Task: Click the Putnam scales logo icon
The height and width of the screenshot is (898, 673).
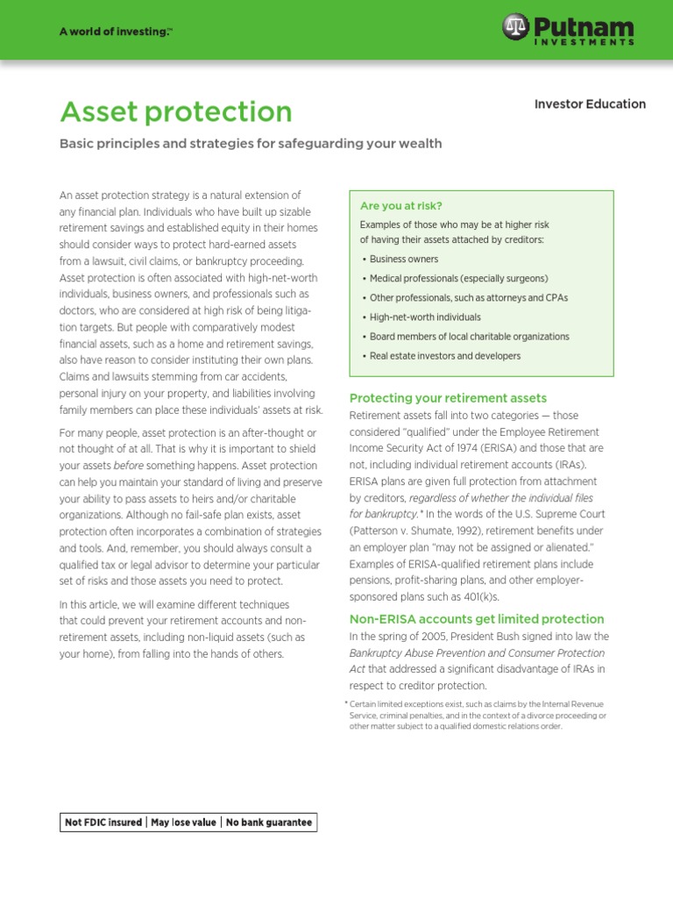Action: coord(516,27)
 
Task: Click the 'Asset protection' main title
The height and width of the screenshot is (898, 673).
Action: coord(175,111)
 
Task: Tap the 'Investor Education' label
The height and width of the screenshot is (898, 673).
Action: coord(590,103)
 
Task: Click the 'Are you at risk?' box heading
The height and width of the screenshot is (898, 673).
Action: coord(400,205)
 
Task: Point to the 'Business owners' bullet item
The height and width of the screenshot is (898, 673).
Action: coord(404,260)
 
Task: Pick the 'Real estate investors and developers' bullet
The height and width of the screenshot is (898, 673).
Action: coord(445,356)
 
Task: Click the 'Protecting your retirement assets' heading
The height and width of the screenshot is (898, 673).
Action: coord(448,398)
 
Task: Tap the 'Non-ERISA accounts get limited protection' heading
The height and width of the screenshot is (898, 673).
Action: coord(477,619)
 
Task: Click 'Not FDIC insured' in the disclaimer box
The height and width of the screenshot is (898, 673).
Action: coord(103,823)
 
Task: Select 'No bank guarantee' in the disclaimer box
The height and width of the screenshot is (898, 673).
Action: coord(269,823)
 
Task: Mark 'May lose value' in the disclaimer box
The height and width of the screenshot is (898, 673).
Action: coord(184,823)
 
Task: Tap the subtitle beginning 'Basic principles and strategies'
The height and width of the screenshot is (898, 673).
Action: coord(251,144)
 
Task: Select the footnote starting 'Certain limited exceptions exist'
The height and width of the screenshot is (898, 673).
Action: coord(478,715)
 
